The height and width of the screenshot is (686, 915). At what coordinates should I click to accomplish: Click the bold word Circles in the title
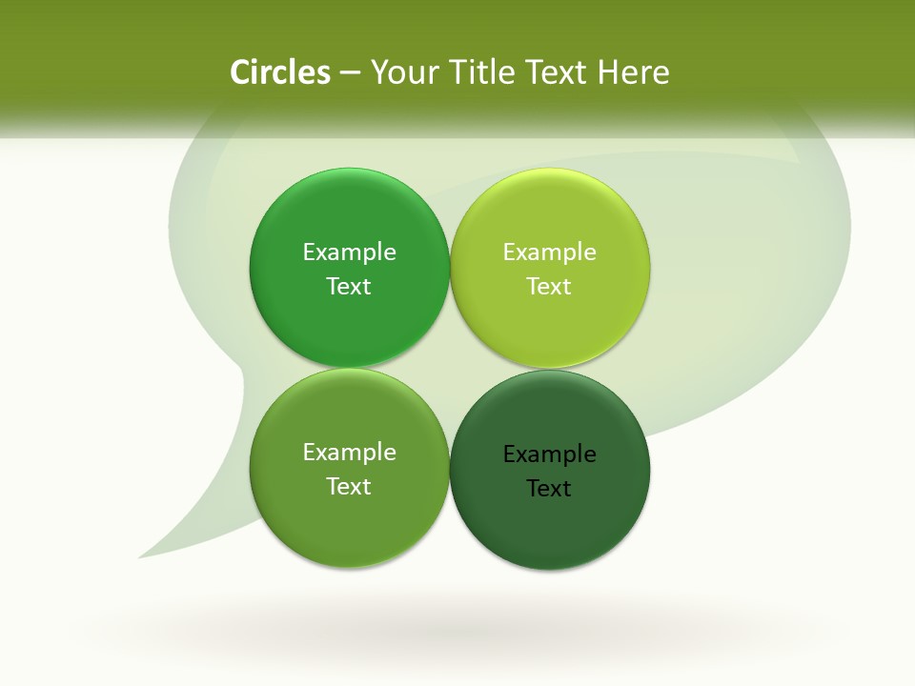[x=279, y=72]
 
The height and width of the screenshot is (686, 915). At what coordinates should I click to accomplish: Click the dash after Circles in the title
[x=350, y=73]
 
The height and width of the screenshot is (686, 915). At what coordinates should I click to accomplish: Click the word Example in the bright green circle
[x=349, y=252]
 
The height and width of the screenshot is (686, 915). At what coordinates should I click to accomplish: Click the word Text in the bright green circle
[x=349, y=286]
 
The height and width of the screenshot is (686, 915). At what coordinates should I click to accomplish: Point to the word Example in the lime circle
[x=549, y=252]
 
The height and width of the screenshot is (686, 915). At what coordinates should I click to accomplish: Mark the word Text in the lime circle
[x=549, y=286]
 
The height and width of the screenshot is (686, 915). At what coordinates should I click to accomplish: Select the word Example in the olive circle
[x=349, y=452]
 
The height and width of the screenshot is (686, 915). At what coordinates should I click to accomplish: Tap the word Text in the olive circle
[x=349, y=486]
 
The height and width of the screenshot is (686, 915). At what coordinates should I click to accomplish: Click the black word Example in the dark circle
[x=549, y=454]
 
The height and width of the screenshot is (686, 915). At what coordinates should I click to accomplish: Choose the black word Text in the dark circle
[x=549, y=488]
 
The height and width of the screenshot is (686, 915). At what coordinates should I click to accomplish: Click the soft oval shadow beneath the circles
[x=457, y=629]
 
